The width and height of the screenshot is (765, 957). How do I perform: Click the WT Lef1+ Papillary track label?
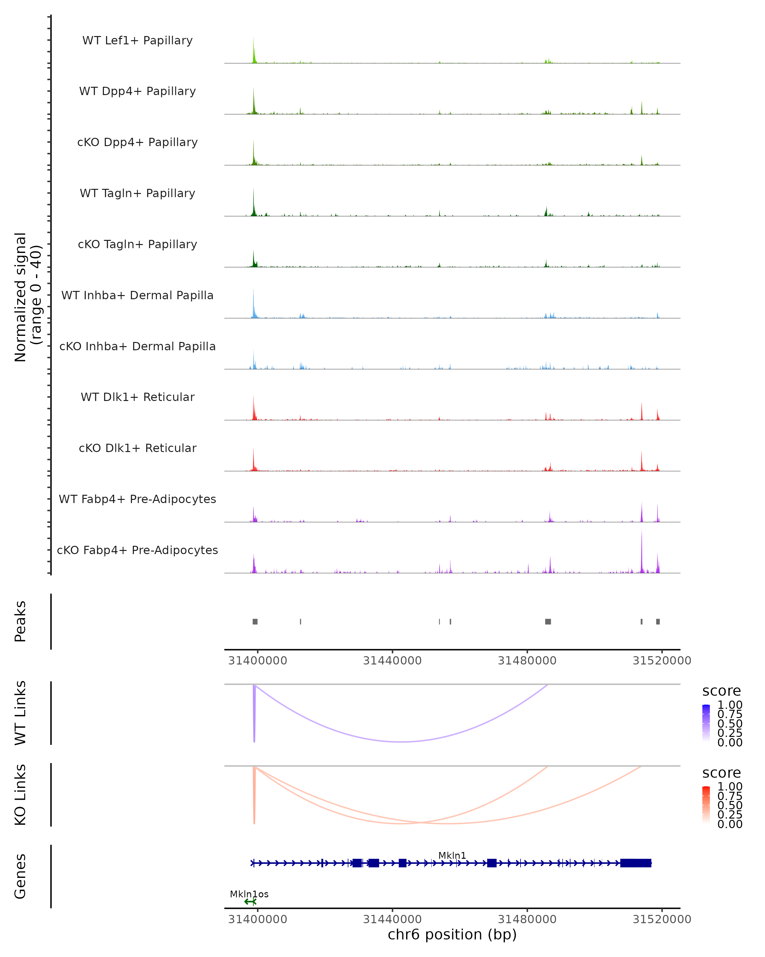(137, 41)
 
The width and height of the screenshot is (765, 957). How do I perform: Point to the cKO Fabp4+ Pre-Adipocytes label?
(137, 550)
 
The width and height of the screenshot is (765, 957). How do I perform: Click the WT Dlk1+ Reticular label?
(137, 397)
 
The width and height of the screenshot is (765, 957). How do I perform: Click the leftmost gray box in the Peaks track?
(255, 621)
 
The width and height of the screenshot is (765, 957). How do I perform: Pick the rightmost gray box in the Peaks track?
(658, 621)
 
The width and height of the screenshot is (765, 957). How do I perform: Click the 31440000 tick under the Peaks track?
(392, 661)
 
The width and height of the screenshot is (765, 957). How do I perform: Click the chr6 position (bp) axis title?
(452, 935)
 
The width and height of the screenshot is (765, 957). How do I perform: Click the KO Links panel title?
(20, 795)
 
